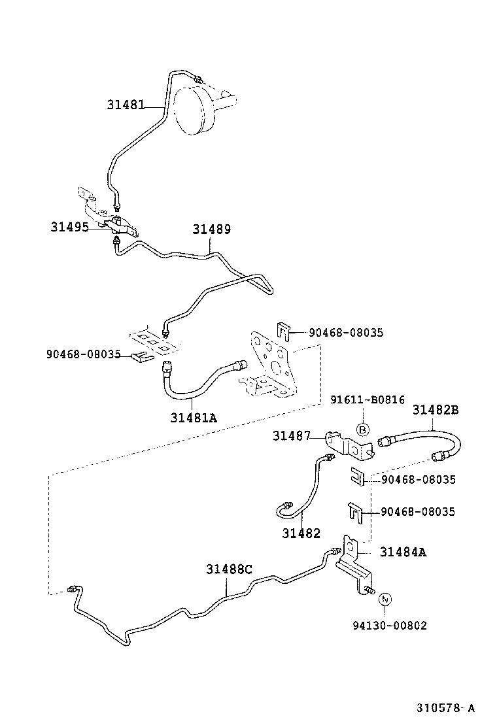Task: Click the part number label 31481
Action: click(x=126, y=104)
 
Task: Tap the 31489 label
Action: click(x=211, y=229)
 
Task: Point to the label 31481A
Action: click(x=194, y=418)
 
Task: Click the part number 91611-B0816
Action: click(x=367, y=400)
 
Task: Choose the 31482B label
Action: click(x=435, y=410)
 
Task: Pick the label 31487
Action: click(x=291, y=435)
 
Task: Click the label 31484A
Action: click(x=403, y=552)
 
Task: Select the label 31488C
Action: click(x=229, y=569)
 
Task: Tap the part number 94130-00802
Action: click(x=388, y=626)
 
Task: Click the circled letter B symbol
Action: click(x=364, y=430)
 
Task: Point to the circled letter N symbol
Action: click(x=385, y=600)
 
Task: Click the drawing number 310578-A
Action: click(x=445, y=708)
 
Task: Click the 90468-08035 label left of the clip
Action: click(x=84, y=354)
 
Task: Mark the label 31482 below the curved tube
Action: click(x=301, y=533)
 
